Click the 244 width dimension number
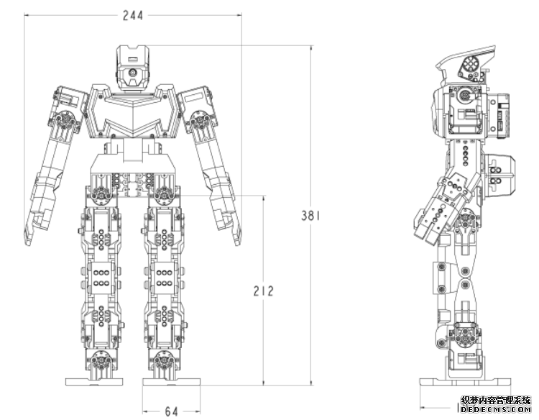click(x=133, y=16)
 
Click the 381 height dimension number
click(x=310, y=216)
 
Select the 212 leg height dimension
click(x=263, y=291)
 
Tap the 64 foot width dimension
click(x=171, y=411)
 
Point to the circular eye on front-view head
click(x=132, y=73)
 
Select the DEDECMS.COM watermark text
click(x=495, y=410)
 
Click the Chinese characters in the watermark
click(x=495, y=401)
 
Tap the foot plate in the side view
click(x=465, y=381)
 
